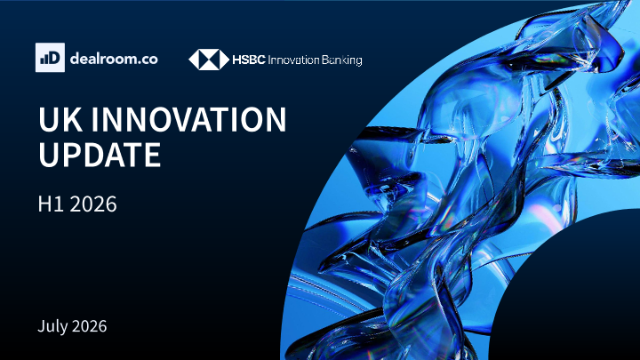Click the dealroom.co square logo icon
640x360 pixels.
50,58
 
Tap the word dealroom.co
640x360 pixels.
114,59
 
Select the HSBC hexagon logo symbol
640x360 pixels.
209,60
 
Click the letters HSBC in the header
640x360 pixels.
249,60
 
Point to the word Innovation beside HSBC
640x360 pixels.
293,60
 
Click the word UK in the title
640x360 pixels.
60,119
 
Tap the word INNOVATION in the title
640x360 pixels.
189,119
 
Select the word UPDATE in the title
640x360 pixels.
100,155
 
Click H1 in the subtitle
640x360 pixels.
51,204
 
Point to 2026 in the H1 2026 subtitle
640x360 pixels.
93,204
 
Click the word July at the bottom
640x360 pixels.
52,326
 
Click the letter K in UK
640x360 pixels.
73,119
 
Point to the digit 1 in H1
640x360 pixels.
60,204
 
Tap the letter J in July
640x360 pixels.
41,326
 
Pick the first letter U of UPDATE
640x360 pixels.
48,155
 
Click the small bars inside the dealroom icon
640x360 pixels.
44,60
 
